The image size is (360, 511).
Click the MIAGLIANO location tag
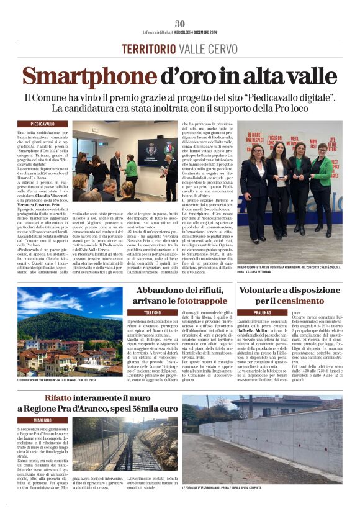click(43, 420)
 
